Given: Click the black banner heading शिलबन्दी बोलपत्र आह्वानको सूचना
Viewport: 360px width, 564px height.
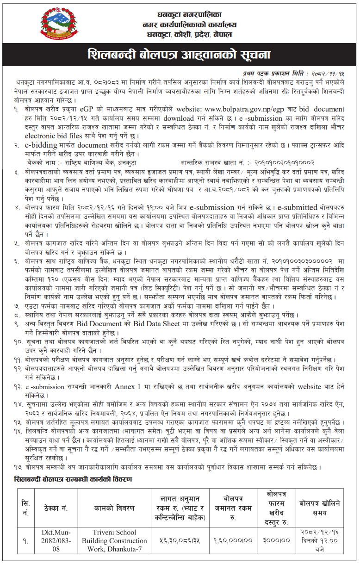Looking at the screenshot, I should point(179,55).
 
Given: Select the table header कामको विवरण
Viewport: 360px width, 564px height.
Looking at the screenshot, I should point(120,508).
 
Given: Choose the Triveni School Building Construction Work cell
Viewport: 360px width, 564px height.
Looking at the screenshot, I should point(120,540).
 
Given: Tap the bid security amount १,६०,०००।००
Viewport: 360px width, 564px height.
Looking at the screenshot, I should point(233,540).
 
